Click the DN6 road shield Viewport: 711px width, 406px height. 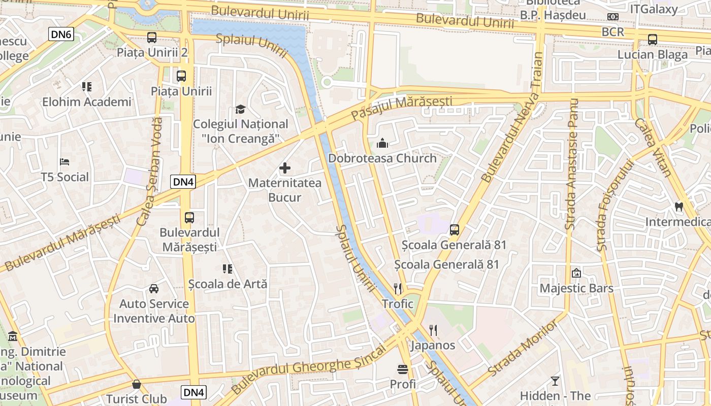[x=61, y=35]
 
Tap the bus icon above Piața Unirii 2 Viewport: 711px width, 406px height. [x=152, y=37]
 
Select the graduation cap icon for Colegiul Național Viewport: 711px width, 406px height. [x=240, y=109]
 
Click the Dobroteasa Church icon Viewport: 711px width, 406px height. [x=382, y=143]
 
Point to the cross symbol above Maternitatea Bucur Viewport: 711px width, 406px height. [x=285, y=168]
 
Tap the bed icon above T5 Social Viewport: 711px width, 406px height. [x=64, y=162]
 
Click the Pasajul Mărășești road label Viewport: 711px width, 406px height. [x=401, y=107]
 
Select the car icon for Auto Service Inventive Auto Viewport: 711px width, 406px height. [x=154, y=289]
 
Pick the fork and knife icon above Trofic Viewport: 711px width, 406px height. [x=398, y=289]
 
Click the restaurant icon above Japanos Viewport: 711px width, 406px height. [x=433, y=330]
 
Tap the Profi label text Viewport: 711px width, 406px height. [x=403, y=384]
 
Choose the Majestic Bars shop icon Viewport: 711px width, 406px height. [x=576, y=273]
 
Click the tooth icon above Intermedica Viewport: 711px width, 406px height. [x=678, y=207]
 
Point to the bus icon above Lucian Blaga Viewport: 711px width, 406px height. [x=653, y=39]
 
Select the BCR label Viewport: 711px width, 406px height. [x=612, y=31]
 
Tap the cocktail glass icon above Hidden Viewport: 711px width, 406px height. [x=555, y=381]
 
